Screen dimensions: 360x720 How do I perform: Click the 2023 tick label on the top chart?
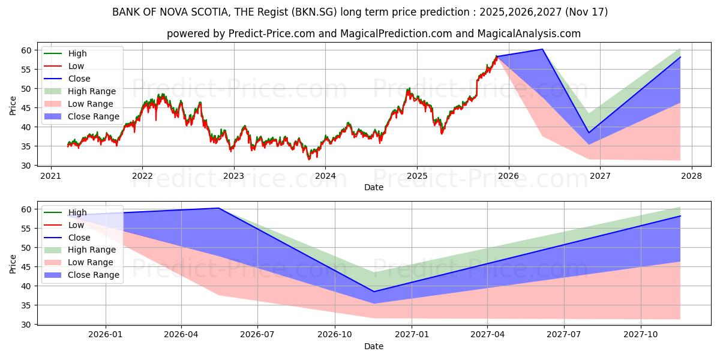tap(233, 176)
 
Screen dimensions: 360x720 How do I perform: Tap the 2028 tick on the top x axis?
tap(691, 176)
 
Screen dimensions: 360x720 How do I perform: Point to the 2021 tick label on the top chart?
tap(50, 176)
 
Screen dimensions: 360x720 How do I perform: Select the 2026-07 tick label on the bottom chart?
tap(257, 334)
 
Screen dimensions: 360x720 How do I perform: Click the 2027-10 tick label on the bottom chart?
tap(641, 334)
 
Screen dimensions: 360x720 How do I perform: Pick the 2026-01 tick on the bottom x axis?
tap(106, 334)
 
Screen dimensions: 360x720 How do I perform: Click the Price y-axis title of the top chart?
tap(13, 106)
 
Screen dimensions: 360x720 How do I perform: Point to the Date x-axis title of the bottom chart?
tap(374, 346)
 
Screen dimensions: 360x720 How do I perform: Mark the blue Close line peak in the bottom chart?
tap(219, 208)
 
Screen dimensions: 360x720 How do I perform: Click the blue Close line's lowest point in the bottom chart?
tap(374, 292)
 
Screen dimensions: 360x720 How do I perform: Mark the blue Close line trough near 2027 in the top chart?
tap(589, 133)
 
